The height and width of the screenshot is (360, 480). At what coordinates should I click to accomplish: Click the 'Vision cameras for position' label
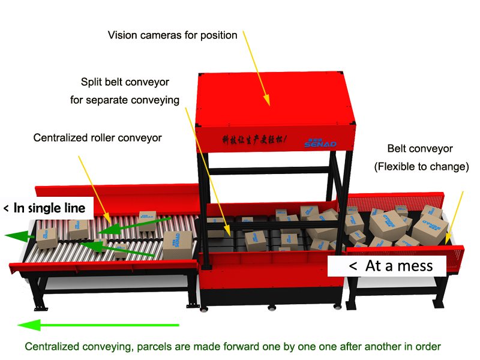pos(172,35)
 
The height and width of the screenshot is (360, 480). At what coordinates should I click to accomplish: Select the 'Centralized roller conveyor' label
pos(97,137)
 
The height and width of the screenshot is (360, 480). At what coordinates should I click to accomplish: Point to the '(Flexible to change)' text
pos(421,167)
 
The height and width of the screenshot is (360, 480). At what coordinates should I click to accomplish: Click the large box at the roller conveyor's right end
pos(177,245)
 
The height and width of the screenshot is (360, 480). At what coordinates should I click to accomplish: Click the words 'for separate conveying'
pos(125,100)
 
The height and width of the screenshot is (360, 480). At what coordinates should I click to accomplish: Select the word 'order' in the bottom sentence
pos(428,346)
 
